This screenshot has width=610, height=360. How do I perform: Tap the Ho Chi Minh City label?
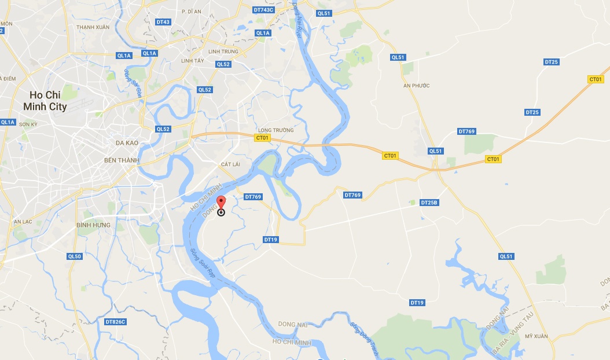click(45, 101)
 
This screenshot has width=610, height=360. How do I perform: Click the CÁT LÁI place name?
click(230, 164)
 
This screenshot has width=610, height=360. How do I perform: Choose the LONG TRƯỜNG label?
click(276, 130)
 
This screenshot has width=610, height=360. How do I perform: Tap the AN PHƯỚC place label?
click(417, 86)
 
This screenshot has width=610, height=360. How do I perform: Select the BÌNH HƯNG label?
click(93, 225)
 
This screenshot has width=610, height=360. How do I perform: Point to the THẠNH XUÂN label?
click(93, 27)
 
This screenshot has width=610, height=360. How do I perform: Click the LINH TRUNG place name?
click(223, 52)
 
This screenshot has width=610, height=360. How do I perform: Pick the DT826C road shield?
click(115, 322)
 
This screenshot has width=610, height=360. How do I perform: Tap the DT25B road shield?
click(429, 203)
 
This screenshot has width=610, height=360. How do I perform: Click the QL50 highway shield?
click(75, 256)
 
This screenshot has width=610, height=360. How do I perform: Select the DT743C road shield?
click(263, 10)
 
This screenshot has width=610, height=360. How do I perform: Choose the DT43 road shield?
click(163, 22)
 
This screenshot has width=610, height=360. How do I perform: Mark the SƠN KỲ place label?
click(28, 124)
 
